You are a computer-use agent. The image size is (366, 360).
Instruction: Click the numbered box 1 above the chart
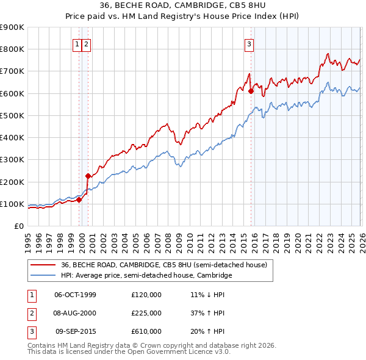tap(78, 44)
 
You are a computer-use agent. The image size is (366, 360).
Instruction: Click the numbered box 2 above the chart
tap(87, 44)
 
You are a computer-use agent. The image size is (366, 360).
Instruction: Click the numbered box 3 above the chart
tap(249, 44)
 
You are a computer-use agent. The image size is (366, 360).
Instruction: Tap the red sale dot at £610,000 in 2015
tap(251, 91)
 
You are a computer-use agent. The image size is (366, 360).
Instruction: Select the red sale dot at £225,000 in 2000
tap(88, 176)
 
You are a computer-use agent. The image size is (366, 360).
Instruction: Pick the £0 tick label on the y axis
tap(19, 226)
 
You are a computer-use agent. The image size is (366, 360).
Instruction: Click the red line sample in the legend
tap(43, 265)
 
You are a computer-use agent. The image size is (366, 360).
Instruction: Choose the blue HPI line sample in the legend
tap(43, 276)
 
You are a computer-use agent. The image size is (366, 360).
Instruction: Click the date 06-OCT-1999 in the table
tap(75, 295)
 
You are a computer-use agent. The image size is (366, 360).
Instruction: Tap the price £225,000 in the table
tap(146, 313)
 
